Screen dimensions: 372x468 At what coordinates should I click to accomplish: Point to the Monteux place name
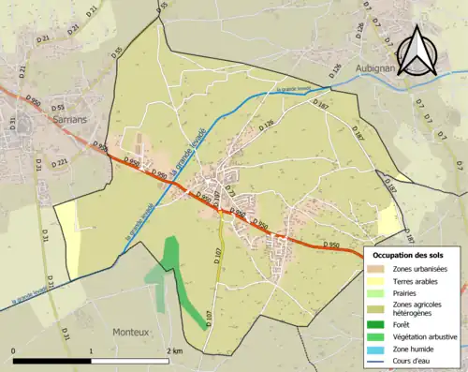tap(130, 332)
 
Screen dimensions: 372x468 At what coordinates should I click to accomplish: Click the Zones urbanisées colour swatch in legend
tap(377, 269)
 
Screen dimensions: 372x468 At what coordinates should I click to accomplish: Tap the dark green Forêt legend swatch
tap(377, 327)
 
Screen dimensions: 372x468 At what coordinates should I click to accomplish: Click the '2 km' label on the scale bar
tap(175, 350)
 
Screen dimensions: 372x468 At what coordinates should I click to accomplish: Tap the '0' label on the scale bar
tap(14, 350)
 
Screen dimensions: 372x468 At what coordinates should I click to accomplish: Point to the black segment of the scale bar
tap(51, 361)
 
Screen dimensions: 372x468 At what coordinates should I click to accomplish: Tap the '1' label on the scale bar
tap(91, 350)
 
